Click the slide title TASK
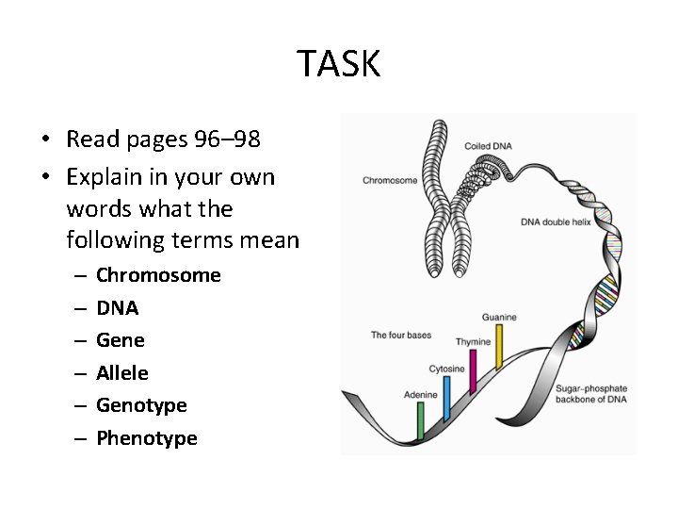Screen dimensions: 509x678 339,64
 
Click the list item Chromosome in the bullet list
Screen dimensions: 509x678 158,275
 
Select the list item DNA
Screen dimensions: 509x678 117,308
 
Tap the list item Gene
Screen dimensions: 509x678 120,340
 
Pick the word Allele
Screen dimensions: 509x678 121,373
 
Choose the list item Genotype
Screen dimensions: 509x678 141,405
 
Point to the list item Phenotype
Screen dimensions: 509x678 146,438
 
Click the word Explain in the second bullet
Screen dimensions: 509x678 103,177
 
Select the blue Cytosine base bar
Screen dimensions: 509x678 446,397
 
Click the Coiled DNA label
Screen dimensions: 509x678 488,146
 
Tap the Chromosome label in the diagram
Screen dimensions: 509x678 390,180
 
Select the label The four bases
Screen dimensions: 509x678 400,335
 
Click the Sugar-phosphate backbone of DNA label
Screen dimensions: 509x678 590,395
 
